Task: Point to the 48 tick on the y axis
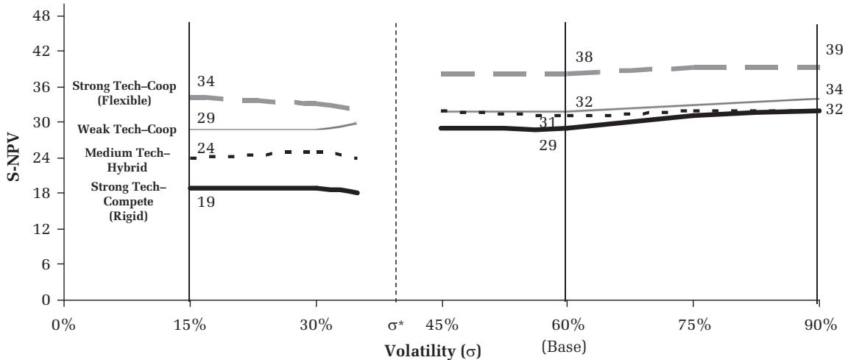point(43,15)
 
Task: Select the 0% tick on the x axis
point(64,325)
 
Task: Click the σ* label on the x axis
point(397,325)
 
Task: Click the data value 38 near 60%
point(584,57)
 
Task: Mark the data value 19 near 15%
point(205,201)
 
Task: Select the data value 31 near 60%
point(547,123)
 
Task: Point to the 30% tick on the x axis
point(316,325)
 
